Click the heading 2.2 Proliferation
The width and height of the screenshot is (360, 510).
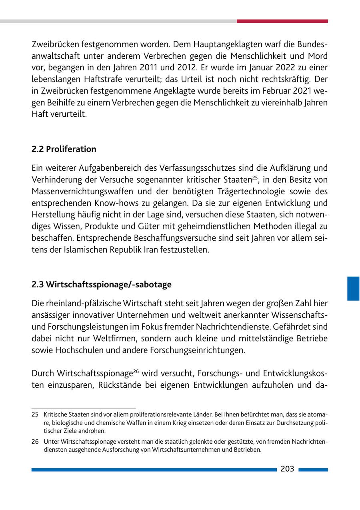pyautogui.click(x=64, y=149)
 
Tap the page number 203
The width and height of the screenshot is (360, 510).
pyautogui.click(x=287, y=469)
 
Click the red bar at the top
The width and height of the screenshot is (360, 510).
pyautogui.click(x=282, y=21)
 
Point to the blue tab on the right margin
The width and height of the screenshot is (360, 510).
pyautogui.click(x=353, y=288)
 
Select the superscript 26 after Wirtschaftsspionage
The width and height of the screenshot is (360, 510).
pyautogui.click(x=136, y=371)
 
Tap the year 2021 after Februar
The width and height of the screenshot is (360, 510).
pyautogui.click(x=302, y=92)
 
